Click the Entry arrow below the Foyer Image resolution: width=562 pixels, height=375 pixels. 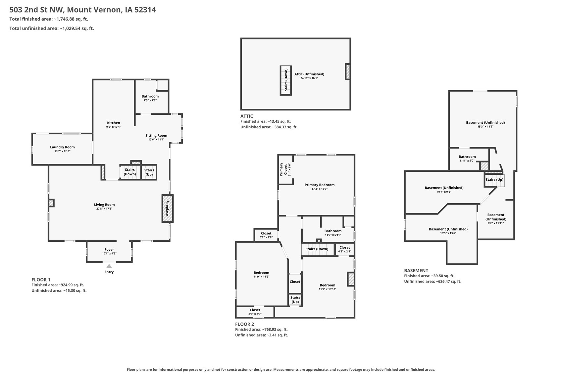point(109,266)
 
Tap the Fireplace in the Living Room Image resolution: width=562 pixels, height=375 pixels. point(167,208)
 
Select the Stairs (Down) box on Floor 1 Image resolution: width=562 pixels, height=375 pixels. point(130,172)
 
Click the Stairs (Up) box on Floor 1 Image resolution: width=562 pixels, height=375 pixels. point(149,172)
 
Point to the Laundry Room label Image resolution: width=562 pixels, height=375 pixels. point(62,147)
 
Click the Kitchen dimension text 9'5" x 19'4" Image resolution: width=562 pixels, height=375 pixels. point(113,127)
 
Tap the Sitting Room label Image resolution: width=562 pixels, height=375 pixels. point(156,135)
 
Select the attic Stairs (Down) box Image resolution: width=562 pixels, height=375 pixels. point(286,80)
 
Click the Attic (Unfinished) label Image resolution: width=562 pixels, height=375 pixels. point(309,74)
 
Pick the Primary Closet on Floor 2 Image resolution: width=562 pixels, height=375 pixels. point(285,170)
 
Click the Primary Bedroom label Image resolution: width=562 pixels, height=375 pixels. point(319,185)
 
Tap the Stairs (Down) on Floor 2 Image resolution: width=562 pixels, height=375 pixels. point(318,249)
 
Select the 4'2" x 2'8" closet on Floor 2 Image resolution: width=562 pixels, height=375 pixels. point(345,249)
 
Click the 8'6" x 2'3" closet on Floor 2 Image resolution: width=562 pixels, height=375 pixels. point(255,312)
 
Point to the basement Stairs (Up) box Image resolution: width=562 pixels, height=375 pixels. point(494,180)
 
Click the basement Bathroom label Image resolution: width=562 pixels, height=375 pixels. point(467,156)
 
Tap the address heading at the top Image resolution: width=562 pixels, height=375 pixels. point(82,10)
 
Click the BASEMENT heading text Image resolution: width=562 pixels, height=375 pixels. point(416,271)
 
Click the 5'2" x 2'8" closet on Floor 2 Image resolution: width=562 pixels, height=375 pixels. point(266,235)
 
